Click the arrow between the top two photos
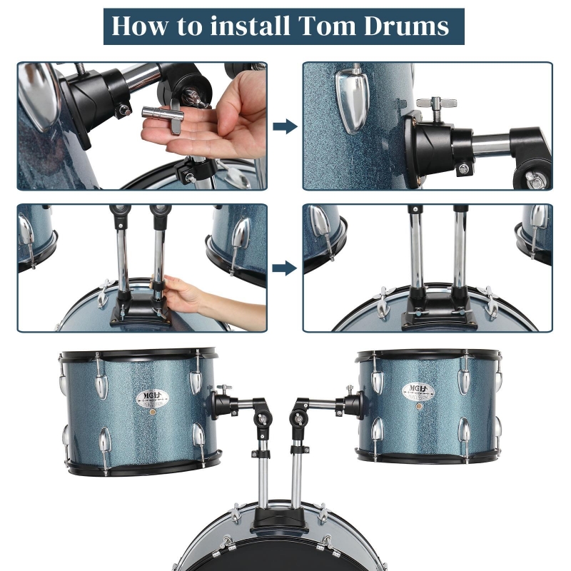point(285,126)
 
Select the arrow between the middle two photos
point(285,268)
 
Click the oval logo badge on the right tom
point(418,390)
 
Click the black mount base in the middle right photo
point(439,313)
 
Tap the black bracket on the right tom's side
point(353,404)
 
